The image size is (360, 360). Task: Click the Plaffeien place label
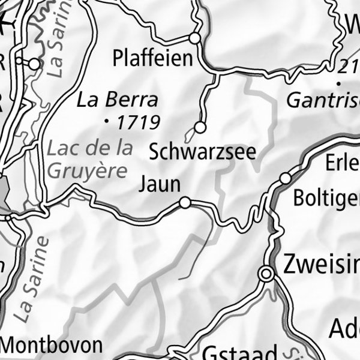pos(153,59)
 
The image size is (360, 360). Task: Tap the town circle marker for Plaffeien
pos(194,38)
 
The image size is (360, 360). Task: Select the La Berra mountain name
pos(118,100)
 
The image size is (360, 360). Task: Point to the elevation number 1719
pos(138,123)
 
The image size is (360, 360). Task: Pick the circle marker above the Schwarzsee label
pos(200,127)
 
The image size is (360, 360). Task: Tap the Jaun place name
pos(159,184)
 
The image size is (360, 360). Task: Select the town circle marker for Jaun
pos(185,203)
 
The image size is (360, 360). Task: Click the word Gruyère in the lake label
pos(88,170)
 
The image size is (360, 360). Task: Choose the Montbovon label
pos(52,346)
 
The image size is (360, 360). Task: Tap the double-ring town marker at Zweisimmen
pos(266,274)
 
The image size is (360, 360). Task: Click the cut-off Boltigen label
pos(326,199)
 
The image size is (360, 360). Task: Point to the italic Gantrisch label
pos(322,100)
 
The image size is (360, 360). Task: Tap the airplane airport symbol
pos(5,23)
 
